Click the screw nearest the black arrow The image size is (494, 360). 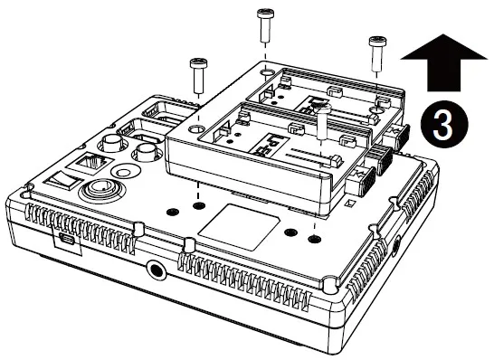(x=376, y=49)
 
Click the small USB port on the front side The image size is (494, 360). (x=64, y=242)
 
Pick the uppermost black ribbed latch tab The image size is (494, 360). (x=399, y=136)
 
